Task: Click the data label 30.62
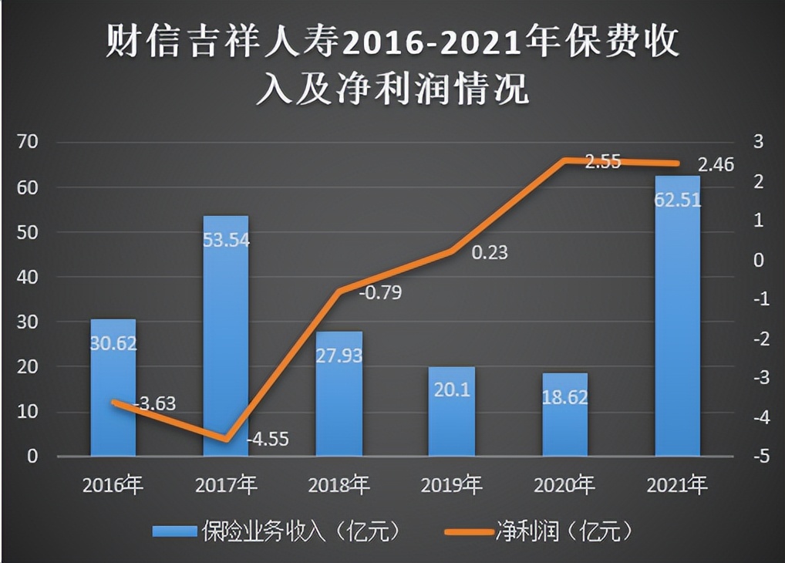coord(113,343)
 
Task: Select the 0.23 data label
coord(490,251)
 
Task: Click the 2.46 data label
coord(716,164)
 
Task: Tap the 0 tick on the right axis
coord(759,260)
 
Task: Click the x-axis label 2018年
coord(339,486)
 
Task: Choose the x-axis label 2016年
coord(113,486)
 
